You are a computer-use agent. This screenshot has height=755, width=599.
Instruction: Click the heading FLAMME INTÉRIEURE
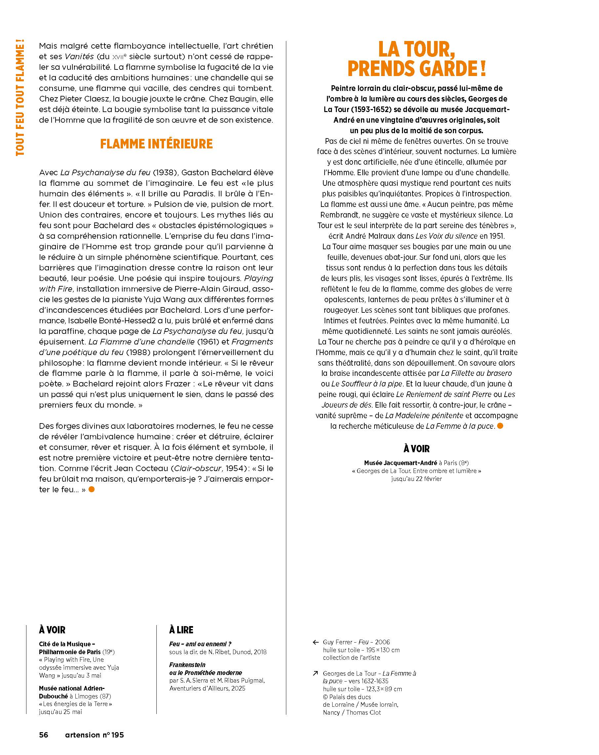coord(156,144)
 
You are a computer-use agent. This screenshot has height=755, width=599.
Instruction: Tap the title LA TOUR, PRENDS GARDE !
coord(417,59)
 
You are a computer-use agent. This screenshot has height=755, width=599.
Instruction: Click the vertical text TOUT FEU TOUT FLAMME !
coord(20,98)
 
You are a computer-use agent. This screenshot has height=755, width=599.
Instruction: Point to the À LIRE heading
coord(181,630)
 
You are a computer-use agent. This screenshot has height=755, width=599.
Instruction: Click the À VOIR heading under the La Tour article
coord(416,449)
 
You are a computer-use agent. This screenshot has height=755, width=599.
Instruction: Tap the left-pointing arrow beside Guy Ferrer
coord(315,642)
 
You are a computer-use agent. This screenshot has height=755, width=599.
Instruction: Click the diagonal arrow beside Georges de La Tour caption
coord(315,673)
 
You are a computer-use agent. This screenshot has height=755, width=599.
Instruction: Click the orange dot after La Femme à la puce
coord(500,426)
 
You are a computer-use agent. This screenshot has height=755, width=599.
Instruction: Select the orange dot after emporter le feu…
coord(92,489)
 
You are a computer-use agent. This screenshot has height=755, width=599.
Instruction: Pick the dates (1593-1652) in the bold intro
coord(371,109)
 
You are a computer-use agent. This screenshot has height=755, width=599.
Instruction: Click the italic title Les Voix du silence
coord(446,236)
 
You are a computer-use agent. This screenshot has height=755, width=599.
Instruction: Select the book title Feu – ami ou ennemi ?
coord(200,644)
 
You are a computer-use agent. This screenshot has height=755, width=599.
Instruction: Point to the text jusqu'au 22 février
coord(416,479)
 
